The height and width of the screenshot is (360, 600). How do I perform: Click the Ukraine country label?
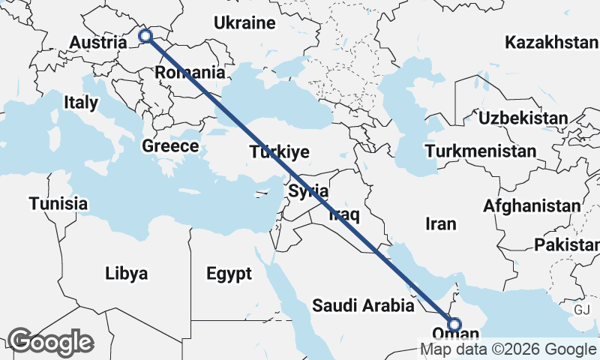[244, 23]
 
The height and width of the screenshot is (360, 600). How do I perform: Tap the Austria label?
[97, 43]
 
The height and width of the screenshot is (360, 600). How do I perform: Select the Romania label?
[190, 73]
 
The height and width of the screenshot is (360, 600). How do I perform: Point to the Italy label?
[80, 102]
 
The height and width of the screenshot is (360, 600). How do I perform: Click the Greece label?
[170, 145]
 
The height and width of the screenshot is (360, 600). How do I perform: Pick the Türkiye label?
[280, 153]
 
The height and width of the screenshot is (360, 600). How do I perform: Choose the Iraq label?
[345, 216]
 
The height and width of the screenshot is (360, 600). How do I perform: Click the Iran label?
[440, 223]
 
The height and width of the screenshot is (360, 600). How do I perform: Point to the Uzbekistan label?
[523, 118]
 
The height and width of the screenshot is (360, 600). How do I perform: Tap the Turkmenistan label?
[480, 151]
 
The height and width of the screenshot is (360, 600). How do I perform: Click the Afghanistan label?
[532, 205]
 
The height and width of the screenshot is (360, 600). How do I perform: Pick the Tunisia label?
[58, 203]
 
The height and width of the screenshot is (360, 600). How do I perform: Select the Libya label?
[126, 272]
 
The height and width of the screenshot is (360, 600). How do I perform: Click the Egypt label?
[229, 274]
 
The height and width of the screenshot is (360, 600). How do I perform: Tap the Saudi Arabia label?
[363, 305]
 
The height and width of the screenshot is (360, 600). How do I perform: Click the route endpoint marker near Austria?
[145, 35]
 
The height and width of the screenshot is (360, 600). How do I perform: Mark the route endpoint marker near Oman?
[454, 324]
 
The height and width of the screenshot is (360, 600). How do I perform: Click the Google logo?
[50, 342]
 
